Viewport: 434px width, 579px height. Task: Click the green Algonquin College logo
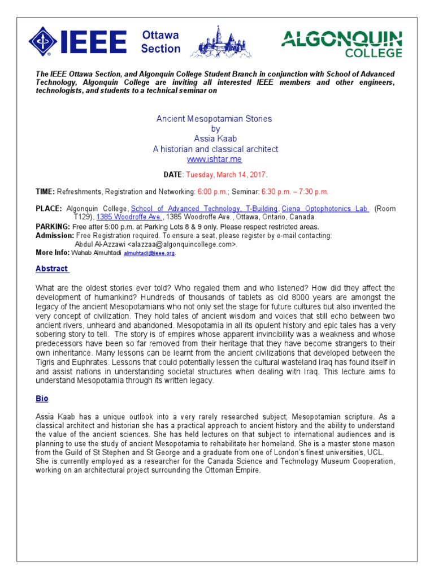click(x=342, y=44)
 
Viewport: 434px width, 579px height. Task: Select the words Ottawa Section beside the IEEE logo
click(x=160, y=42)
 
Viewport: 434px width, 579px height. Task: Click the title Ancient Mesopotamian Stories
click(x=214, y=119)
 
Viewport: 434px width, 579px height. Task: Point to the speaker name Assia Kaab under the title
click(x=214, y=139)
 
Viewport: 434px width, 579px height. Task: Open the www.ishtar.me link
click(x=214, y=159)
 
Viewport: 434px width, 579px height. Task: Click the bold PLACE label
click(x=48, y=209)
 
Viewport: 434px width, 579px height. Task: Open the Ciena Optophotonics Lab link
click(x=325, y=209)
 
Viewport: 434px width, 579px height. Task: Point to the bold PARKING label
click(x=53, y=226)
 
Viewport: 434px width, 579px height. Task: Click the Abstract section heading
click(x=51, y=269)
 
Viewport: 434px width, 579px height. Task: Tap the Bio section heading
click(x=42, y=399)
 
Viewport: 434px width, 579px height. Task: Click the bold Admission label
click(x=54, y=235)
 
